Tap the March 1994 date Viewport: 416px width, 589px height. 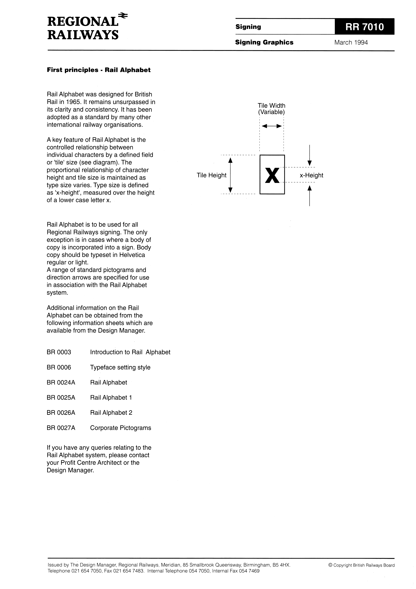point(351,43)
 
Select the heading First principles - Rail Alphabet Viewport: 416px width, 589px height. point(99,70)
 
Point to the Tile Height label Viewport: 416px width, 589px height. point(212,175)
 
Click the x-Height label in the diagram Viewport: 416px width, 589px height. point(311,175)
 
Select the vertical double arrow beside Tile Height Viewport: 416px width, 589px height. point(230,175)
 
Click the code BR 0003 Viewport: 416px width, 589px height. point(59,352)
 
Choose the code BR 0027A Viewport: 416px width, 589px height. point(61,428)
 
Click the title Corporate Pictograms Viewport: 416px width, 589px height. point(120,428)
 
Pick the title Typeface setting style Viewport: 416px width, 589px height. point(120,367)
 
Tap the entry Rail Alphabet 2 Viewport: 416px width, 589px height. point(111,413)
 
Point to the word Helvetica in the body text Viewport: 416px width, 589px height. point(132,255)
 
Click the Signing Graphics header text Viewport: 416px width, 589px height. point(264,42)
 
